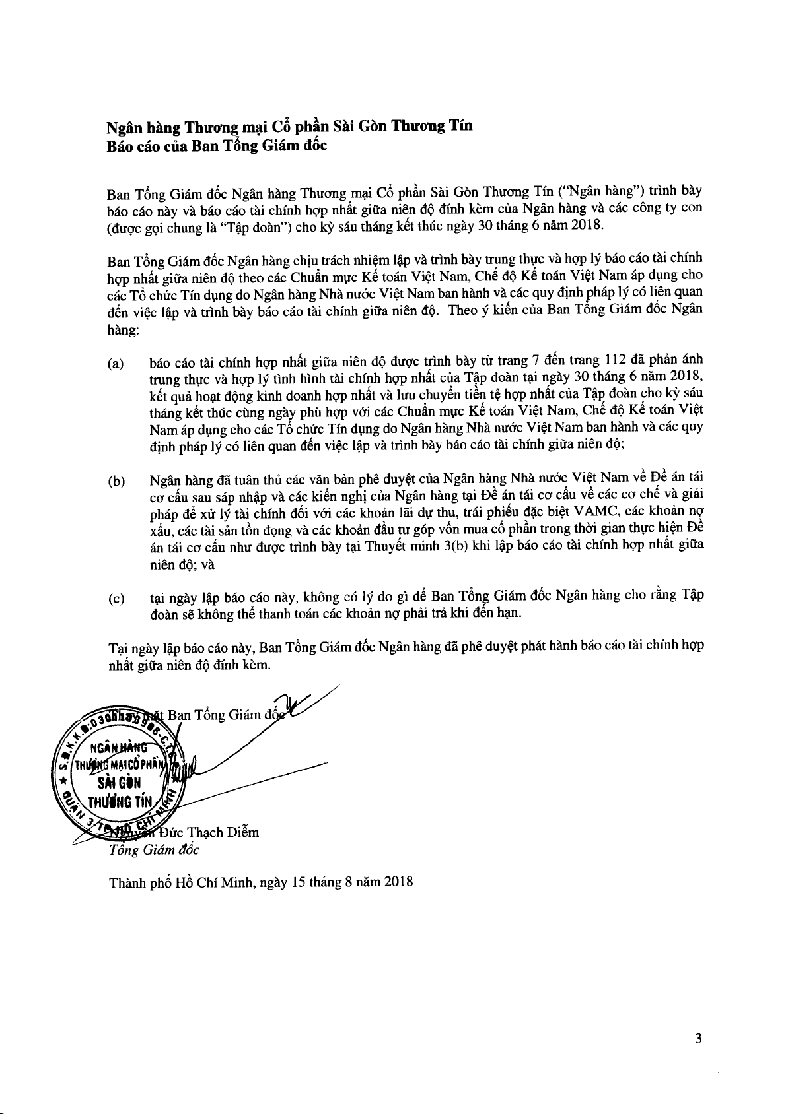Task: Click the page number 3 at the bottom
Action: pyautogui.click(x=698, y=1039)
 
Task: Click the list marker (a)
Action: pyautogui.click(x=116, y=364)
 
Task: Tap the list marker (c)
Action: pyautogui.click(x=116, y=599)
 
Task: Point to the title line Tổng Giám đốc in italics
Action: pyautogui.click(x=154, y=850)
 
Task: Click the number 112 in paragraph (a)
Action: pyautogui.click(x=616, y=360)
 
